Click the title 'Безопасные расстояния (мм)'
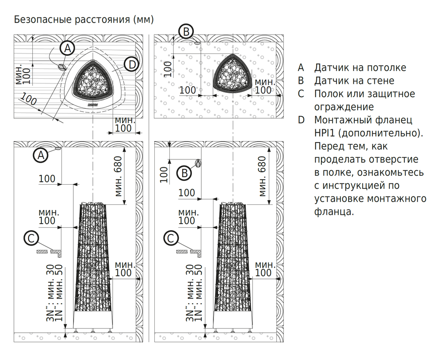[84, 20]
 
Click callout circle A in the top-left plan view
[68, 48]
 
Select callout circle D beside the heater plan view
[132, 64]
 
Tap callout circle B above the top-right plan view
[186, 32]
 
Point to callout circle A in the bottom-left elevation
[41, 155]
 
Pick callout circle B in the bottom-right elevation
[185, 173]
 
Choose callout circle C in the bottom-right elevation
[171, 239]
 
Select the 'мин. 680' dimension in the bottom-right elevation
[261, 176]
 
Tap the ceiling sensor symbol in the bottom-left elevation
[59, 149]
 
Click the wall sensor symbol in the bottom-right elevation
[198, 163]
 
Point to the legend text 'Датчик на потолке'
[360, 68]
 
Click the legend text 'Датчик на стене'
[354, 81]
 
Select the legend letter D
[301, 120]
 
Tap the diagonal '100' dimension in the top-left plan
[29, 100]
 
